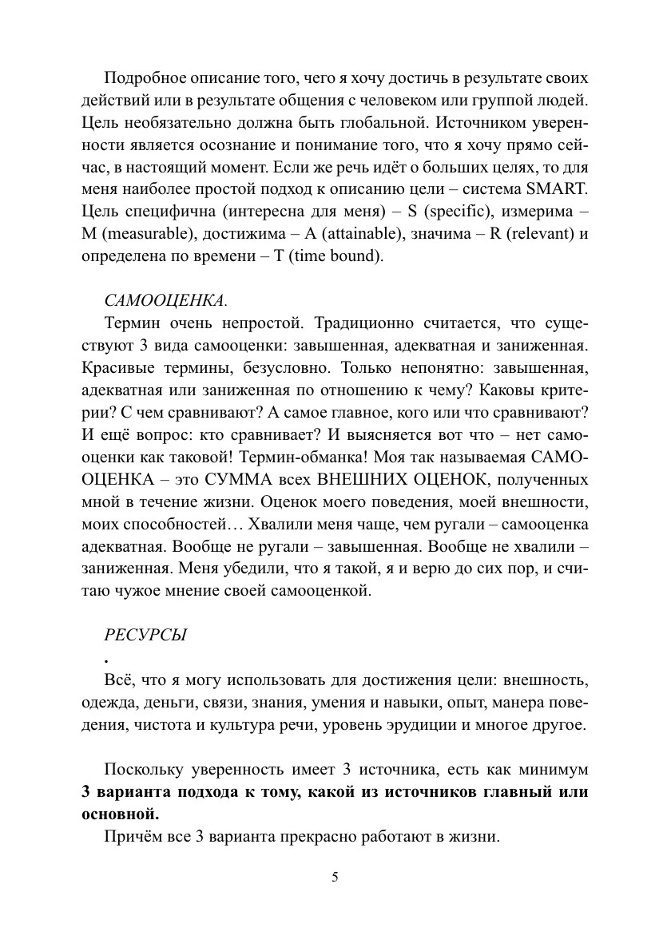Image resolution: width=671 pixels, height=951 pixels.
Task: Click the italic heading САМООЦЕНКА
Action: pyautogui.click(x=165, y=302)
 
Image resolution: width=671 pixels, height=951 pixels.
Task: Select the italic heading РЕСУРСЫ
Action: pyautogui.click(x=145, y=636)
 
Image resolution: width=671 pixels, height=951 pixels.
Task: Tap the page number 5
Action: pyautogui.click(x=335, y=877)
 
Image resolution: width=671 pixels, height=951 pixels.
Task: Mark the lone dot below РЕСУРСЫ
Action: pyautogui.click(x=106, y=661)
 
